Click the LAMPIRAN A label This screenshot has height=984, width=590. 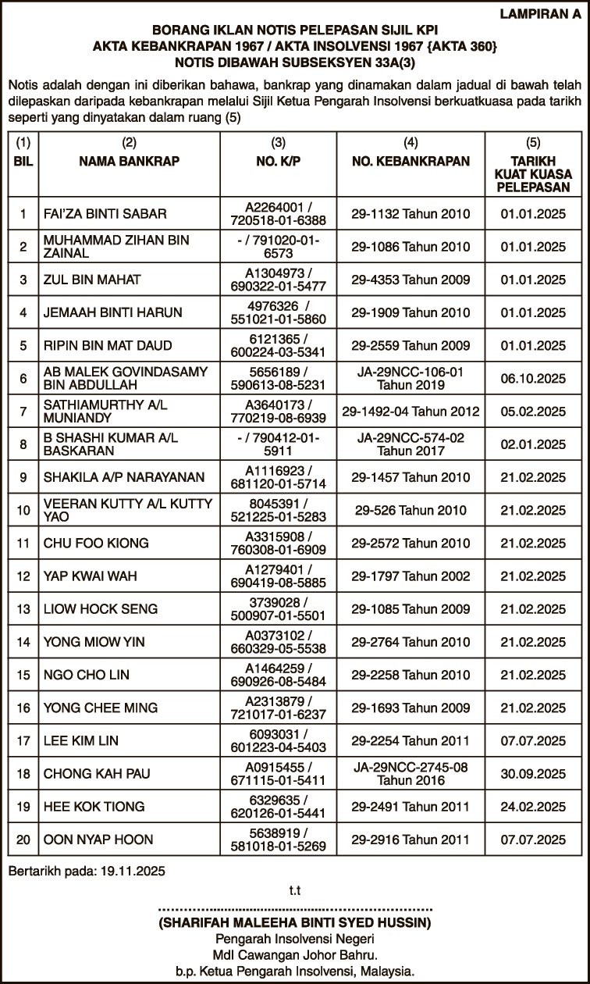540,13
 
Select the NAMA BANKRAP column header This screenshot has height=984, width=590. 130,162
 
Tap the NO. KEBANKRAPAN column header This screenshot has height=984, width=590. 411,162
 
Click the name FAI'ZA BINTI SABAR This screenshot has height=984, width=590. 105,214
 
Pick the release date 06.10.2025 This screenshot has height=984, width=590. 533,379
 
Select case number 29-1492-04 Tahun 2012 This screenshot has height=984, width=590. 411,412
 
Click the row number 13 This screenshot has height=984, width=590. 23,609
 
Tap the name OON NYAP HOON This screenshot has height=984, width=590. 98,840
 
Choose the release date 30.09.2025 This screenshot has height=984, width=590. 533,774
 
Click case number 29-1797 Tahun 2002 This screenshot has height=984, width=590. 411,576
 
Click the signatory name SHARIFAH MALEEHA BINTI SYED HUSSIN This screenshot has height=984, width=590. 294,922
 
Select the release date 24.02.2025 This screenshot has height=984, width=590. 533,807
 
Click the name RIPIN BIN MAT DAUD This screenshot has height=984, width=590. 108,346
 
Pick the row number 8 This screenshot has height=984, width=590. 23,444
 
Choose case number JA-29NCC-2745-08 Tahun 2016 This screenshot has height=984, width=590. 411,774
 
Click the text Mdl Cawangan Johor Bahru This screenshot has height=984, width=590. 295,955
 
